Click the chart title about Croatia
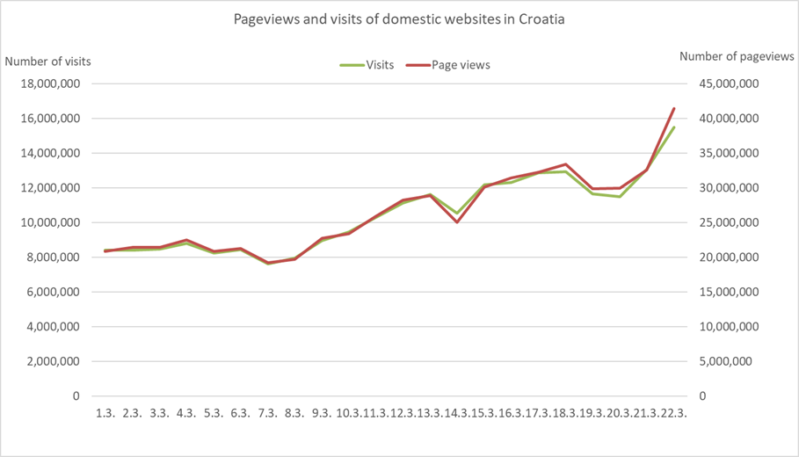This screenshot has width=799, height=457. [398, 18]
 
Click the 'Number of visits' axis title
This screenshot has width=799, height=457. [48, 62]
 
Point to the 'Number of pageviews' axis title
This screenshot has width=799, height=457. [737, 57]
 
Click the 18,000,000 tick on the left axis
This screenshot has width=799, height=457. [51, 84]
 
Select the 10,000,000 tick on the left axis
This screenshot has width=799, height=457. [51, 222]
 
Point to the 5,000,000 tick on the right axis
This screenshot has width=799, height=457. [732, 361]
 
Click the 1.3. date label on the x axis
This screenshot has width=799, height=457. [105, 413]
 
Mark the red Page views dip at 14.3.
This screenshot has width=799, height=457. [457, 222]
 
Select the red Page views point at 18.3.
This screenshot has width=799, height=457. [565, 164]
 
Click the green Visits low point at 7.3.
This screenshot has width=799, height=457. [268, 264]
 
